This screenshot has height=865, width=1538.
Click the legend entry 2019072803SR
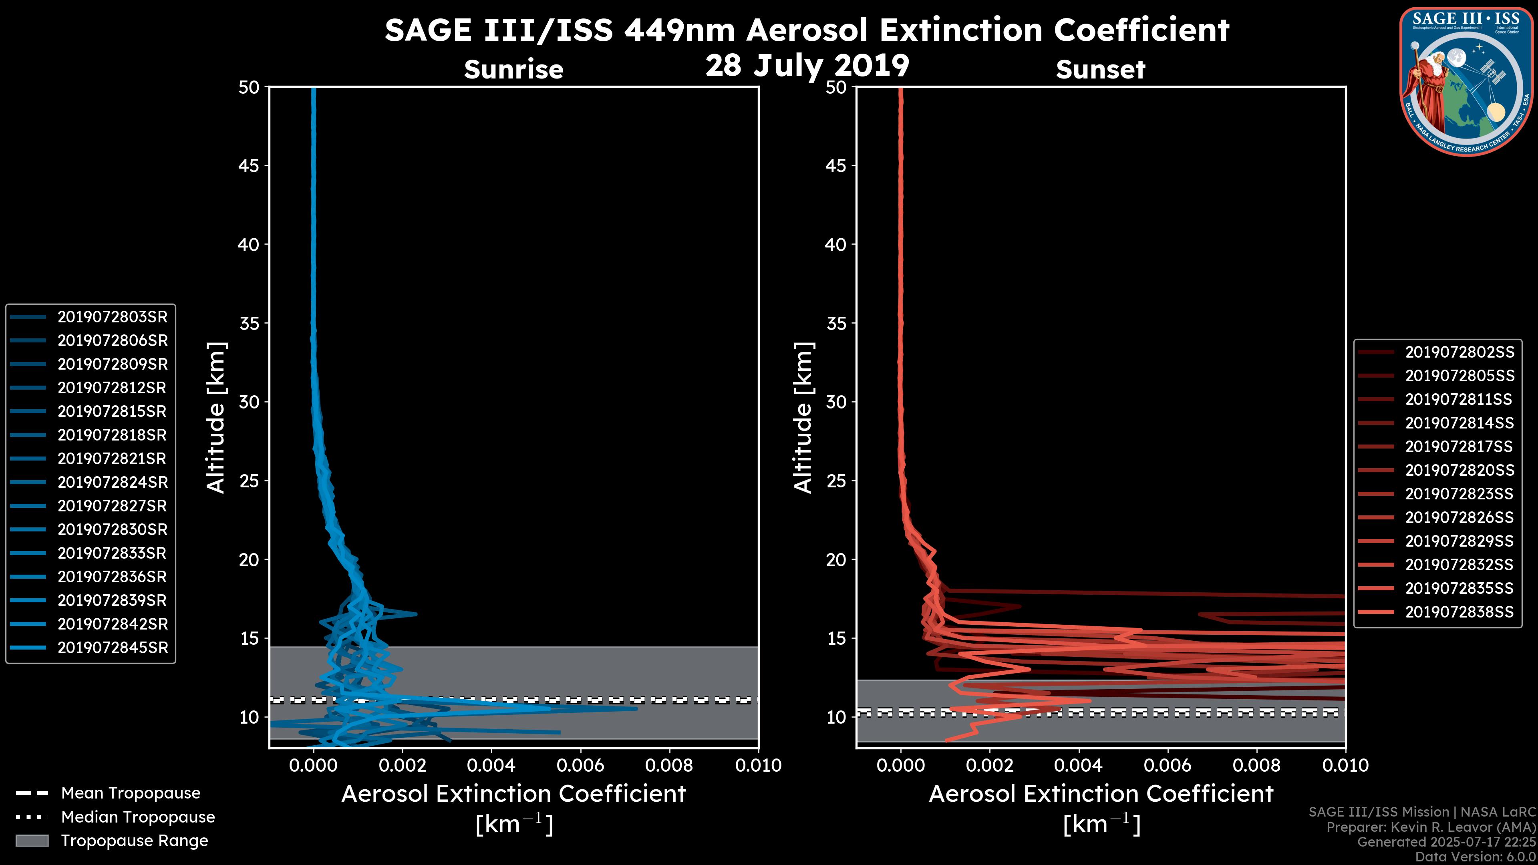point(112,317)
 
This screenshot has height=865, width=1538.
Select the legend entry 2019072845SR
point(112,648)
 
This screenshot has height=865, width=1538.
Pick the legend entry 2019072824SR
point(112,482)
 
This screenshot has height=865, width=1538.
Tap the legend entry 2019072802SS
point(1459,352)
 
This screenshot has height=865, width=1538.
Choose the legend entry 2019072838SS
point(1459,612)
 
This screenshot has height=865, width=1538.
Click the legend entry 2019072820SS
point(1459,471)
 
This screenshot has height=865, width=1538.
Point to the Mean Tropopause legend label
point(131,793)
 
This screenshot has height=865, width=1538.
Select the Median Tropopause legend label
point(138,817)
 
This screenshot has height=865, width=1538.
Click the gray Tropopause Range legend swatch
point(32,841)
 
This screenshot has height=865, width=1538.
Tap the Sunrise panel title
point(513,70)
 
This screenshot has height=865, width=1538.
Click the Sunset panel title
point(1100,70)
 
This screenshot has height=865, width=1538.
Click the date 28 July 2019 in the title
point(807,66)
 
